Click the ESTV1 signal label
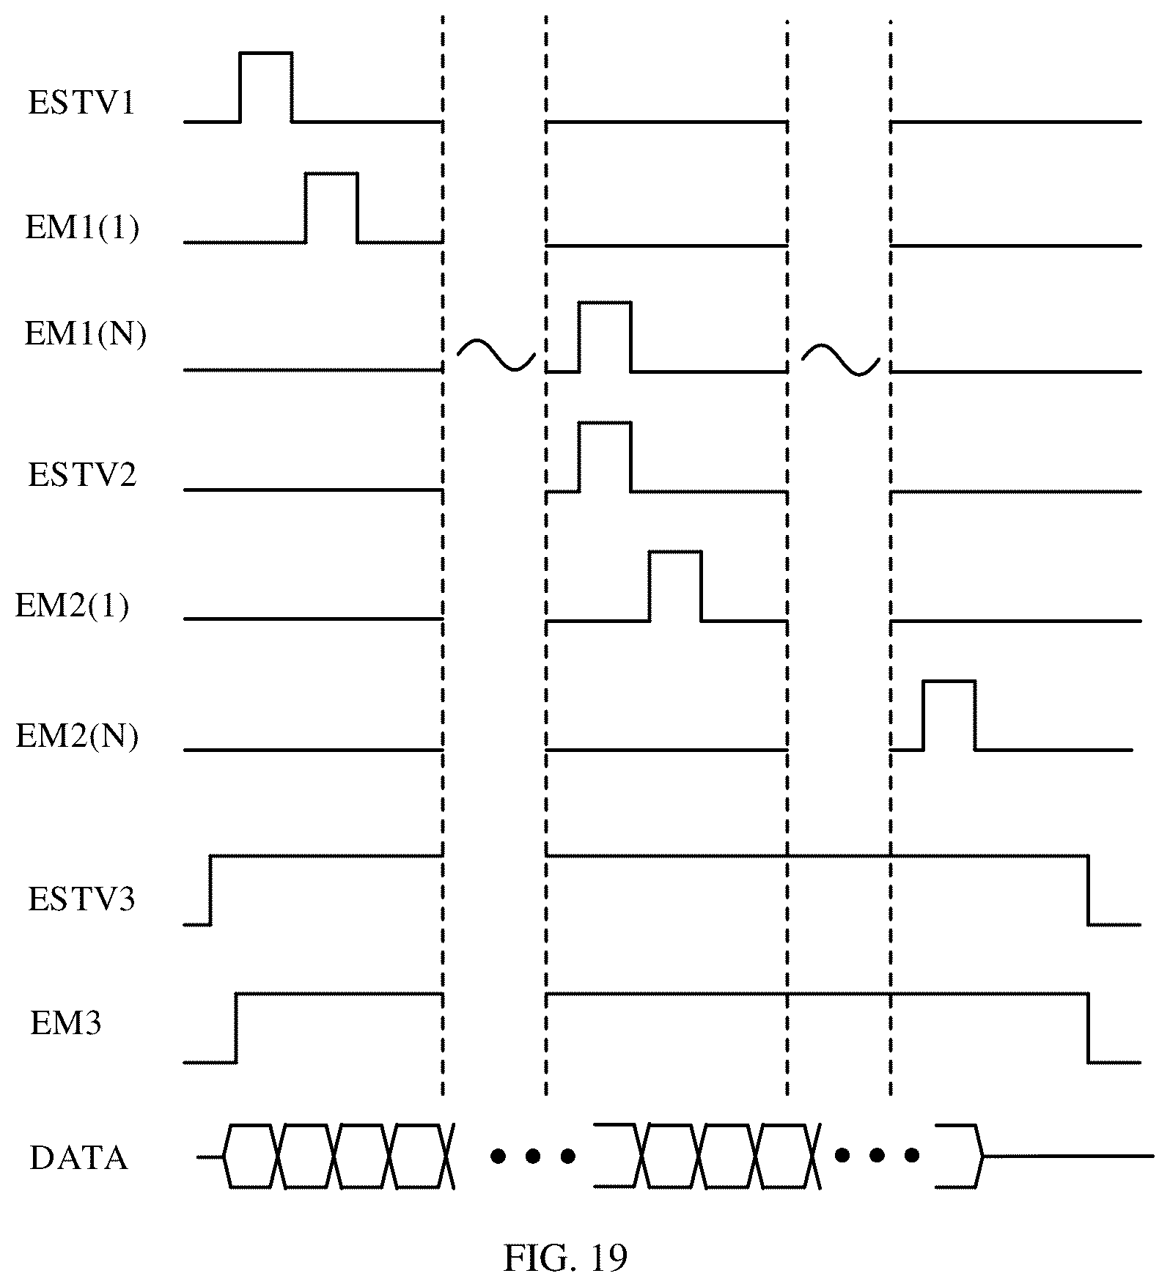(81, 103)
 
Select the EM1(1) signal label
(82, 228)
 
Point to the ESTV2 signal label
(82, 475)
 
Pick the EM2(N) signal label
(77, 737)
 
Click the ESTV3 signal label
(81, 899)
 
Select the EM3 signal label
(65, 1023)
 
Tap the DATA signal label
(78, 1159)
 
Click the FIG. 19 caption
(565, 1258)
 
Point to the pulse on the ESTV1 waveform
(266, 86)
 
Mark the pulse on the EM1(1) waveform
(331, 207)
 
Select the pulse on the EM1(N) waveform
(605, 336)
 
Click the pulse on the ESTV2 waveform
(605, 457)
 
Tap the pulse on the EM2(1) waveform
(675, 586)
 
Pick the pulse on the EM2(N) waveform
(949, 716)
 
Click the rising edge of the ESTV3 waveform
(210, 890)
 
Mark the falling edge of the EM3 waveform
(1088, 1028)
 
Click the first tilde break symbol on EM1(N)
(496, 355)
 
